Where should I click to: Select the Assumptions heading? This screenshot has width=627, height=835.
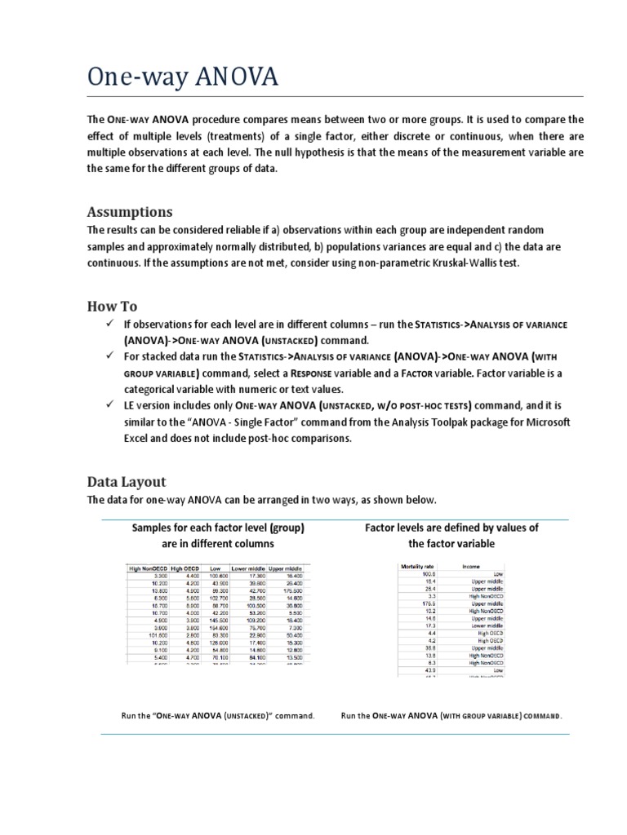click(x=131, y=212)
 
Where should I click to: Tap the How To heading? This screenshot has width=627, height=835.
click(x=113, y=307)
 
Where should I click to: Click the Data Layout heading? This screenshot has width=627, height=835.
click(x=127, y=481)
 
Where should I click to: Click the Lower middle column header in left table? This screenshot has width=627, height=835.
click(x=248, y=567)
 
